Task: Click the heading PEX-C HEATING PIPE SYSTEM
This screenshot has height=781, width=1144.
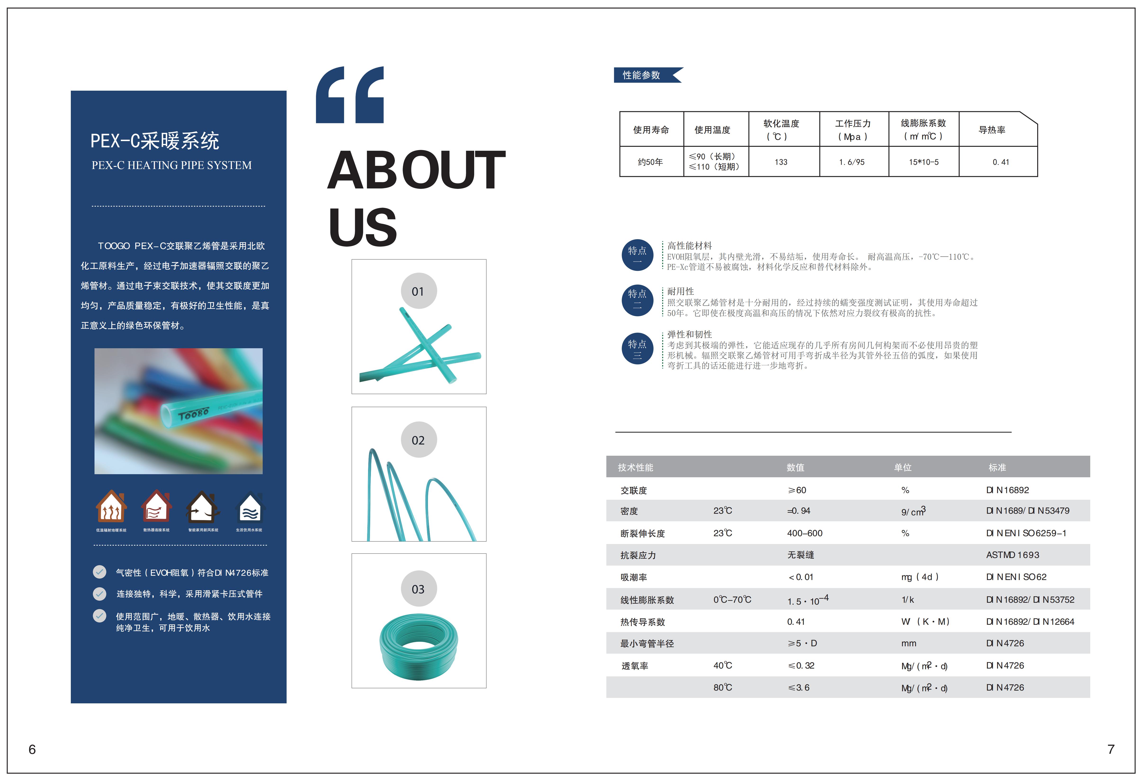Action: [x=171, y=165]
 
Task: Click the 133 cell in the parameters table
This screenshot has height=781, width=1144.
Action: [x=781, y=162]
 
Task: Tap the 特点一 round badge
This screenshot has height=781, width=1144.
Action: [x=637, y=255]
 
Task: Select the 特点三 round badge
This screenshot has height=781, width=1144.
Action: [x=637, y=348]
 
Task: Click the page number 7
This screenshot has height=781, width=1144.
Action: [x=1111, y=749]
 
